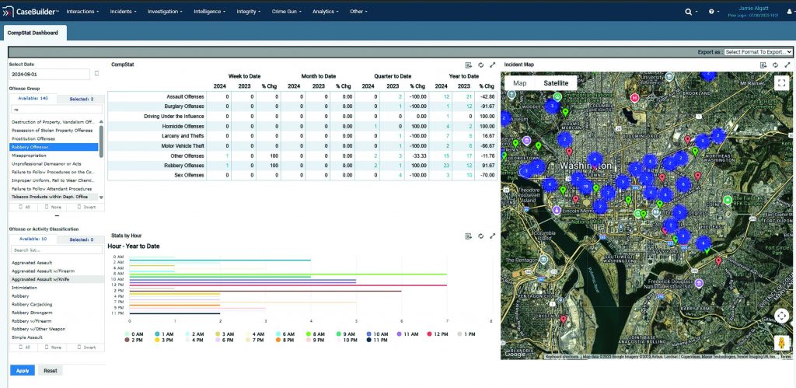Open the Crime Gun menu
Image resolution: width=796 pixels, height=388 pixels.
click(288, 12)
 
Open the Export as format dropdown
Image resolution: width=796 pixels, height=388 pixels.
click(757, 52)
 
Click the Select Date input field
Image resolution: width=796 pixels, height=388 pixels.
click(49, 74)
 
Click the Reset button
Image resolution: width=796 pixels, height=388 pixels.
click(50, 371)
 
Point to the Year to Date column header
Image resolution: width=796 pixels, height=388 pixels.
click(463, 76)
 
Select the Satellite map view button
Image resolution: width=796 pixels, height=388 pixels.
click(555, 83)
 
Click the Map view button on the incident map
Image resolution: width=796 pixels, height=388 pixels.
click(520, 83)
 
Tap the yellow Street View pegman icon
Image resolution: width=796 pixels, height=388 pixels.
click(781, 343)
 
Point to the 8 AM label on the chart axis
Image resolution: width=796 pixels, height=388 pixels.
click(119, 274)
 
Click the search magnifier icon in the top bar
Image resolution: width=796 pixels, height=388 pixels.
click(688, 12)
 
